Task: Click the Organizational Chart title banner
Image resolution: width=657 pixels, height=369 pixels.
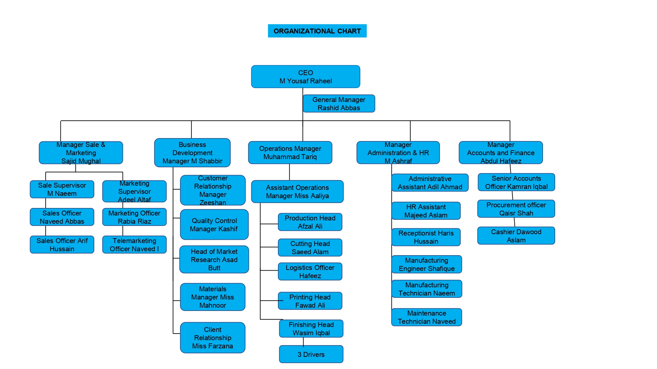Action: tap(317, 31)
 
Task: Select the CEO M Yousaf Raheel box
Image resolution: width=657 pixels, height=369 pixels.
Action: tap(306, 77)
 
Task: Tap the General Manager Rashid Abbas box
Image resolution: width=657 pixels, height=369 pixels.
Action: tap(339, 104)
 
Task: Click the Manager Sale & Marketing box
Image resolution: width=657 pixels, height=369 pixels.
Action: tap(81, 153)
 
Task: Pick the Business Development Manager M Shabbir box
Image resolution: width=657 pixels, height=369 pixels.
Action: tap(192, 153)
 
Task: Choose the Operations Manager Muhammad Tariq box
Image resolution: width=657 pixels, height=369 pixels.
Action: tap(290, 153)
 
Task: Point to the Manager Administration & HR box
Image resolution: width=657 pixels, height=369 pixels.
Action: tap(398, 153)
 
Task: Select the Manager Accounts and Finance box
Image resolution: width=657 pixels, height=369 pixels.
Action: tap(501, 153)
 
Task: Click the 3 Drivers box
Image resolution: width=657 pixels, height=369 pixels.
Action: tap(311, 354)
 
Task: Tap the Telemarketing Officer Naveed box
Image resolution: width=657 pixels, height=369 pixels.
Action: tap(134, 245)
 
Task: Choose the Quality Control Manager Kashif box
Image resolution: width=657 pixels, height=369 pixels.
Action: tap(214, 225)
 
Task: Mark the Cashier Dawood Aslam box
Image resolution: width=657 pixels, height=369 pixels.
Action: tap(516, 236)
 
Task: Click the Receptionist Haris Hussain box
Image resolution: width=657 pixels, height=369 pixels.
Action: tap(426, 237)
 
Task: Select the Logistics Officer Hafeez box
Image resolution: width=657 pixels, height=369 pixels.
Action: tap(310, 272)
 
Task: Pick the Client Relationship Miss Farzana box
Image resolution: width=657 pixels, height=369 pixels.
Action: tap(213, 338)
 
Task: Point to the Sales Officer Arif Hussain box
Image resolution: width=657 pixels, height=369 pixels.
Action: tap(62, 245)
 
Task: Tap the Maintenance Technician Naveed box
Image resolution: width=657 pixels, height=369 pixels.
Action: tap(426, 317)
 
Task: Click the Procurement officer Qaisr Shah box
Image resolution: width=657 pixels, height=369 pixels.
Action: tap(516, 209)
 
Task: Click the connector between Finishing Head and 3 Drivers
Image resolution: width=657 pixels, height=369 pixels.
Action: tap(303, 341)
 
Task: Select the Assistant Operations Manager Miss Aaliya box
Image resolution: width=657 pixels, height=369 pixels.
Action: tap(297, 192)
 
